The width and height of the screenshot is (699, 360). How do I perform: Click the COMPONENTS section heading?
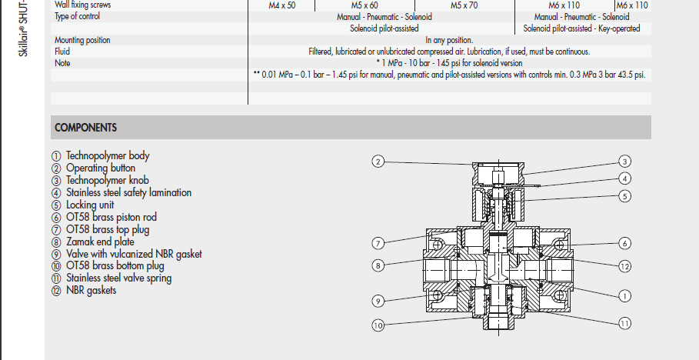pyautogui.click(x=86, y=128)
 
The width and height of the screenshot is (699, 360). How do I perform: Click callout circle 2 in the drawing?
pyautogui.click(x=378, y=162)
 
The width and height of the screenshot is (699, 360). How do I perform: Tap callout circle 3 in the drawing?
pyautogui.click(x=625, y=162)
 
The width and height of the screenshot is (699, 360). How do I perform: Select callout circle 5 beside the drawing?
pyautogui.click(x=625, y=196)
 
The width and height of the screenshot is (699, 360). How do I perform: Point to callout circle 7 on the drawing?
pyautogui.click(x=378, y=243)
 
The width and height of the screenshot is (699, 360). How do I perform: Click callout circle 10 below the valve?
pyautogui.click(x=378, y=325)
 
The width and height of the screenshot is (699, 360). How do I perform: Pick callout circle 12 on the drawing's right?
pyautogui.click(x=625, y=266)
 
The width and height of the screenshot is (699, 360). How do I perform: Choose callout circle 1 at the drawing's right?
pyautogui.click(x=625, y=295)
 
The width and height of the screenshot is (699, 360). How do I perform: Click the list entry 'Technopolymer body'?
pyautogui.click(x=107, y=156)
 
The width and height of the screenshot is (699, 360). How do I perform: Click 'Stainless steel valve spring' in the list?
pyautogui.click(x=118, y=278)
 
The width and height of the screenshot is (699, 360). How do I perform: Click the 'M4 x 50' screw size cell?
pyautogui.click(x=281, y=5)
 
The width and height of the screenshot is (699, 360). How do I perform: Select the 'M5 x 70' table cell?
pyautogui.click(x=464, y=5)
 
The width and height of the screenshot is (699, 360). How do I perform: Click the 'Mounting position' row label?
pyautogui.click(x=82, y=40)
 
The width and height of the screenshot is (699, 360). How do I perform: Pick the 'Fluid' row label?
pyautogui.click(x=62, y=52)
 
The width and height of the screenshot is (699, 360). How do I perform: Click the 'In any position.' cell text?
pyautogui.click(x=449, y=40)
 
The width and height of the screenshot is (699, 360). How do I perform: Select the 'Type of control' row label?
pyautogui.click(x=78, y=17)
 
